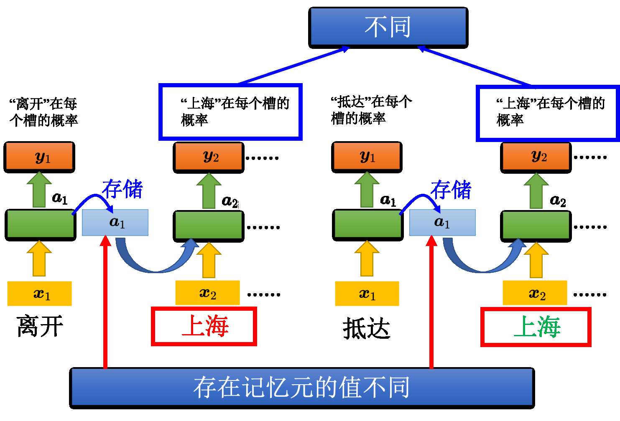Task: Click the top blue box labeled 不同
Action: coord(388,27)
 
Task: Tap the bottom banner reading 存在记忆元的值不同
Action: coord(302,388)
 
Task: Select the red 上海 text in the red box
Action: coord(205,326)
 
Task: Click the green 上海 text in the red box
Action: coord(537,327)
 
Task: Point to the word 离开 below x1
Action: coord(40,326)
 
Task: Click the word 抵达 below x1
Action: coord(367,328)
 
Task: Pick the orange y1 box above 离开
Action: coord(40,157)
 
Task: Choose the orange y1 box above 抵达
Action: coord(367,157)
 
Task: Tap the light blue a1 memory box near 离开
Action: coord(115,223)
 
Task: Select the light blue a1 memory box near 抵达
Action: coord(442,223)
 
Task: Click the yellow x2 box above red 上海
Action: coord(207,293)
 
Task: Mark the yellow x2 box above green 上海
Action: coord(535,293)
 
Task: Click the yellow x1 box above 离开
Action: coord(40,294)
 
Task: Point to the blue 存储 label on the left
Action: coord(122,189)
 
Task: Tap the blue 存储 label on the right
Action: coord(451,190)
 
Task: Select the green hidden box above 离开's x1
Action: coord(41,225)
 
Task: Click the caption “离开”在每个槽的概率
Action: coord(43,112)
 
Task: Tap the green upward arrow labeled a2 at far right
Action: coord(536,191)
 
